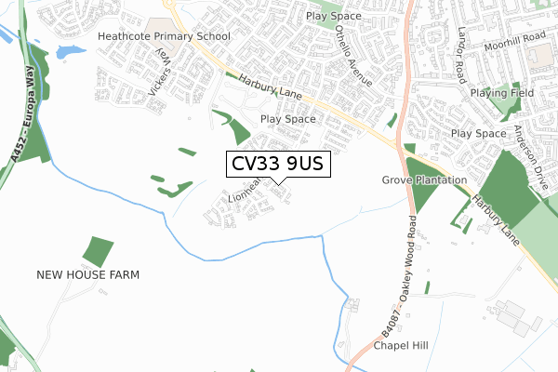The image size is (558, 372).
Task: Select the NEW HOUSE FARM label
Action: pos(87,275)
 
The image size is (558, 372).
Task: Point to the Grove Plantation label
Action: pos(415,179)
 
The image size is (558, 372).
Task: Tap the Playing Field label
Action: pos(500,93)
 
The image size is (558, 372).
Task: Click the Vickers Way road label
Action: pos(161,73)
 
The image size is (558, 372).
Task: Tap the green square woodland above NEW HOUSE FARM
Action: pos(98,251)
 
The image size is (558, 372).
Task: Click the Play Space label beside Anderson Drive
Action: pos(478,134)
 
